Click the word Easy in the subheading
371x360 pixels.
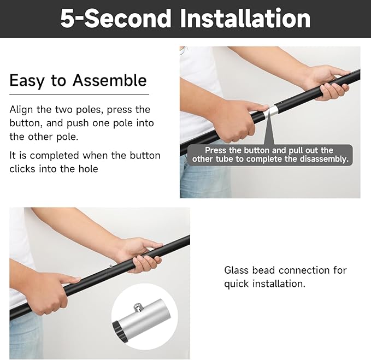pyautogui.click(x=27, y=80)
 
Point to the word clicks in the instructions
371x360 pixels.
pyautogui.click(x=23, y=169)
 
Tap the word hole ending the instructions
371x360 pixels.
pyautogui.click(x=87, y=169)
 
